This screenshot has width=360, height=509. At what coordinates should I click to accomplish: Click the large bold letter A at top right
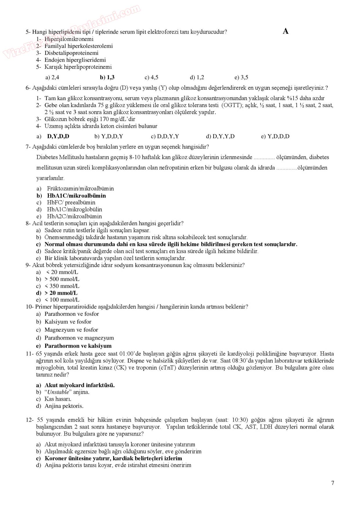pos(286,31)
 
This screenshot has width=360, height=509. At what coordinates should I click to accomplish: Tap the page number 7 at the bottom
pos(333,483)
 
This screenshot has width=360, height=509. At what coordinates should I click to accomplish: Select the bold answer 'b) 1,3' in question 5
pos(107,77)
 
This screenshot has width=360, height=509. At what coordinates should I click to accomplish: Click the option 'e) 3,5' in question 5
pos(241,77)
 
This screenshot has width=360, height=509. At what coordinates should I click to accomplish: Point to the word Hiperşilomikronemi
pos(69,39)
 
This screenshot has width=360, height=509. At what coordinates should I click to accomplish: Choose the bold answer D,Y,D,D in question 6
pos(58,136)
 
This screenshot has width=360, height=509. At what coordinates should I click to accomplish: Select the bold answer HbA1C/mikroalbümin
pos(76,196)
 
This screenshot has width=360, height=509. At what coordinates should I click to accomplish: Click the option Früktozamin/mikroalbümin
pos(80,189)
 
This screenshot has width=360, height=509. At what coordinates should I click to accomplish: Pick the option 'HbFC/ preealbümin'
pos(71,203)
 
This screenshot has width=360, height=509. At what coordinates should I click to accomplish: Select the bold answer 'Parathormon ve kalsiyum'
pos(78,346)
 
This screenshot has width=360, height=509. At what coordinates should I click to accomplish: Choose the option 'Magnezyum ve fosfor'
pos(71,330)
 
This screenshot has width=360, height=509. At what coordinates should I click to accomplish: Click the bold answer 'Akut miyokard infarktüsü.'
pos(79,385)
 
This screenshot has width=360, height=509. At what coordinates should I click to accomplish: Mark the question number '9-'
pos(28,265)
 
